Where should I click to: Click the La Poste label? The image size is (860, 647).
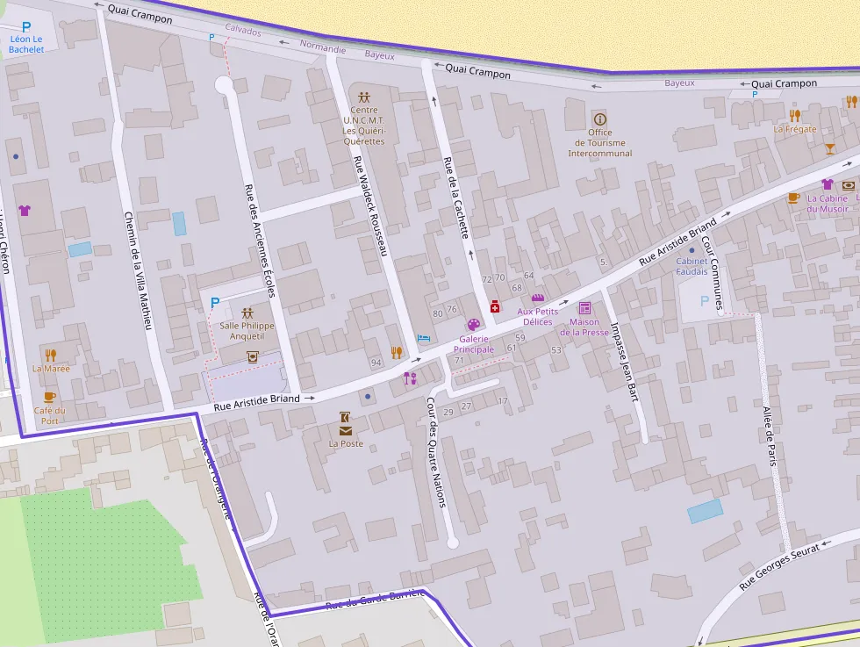[x=346, y=443]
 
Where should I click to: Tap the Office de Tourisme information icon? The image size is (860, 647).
[x=600, y=119]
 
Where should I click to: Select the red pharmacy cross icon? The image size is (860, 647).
[x=495, y=306]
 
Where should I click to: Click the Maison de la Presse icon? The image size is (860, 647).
[x=584, y=308]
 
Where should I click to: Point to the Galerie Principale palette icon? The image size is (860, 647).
[x=473, y=325]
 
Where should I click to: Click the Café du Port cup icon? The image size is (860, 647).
[x=49, y=397]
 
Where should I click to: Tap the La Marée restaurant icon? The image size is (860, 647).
[x=51, y=355]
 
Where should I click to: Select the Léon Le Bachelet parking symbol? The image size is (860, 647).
[x=26, y=27]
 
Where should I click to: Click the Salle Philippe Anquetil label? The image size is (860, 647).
[x=247, y=330]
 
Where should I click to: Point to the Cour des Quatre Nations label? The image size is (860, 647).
[x=436, y=452]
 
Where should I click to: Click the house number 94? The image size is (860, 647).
[x=376, y=363]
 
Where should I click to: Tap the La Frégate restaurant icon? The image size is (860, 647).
[x=795, y=115]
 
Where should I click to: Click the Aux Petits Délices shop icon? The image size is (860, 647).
[x=538, y=298]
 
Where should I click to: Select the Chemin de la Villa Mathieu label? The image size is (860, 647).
[x=139, y=271]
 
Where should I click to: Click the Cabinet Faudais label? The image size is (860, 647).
[x=692, y=266]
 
